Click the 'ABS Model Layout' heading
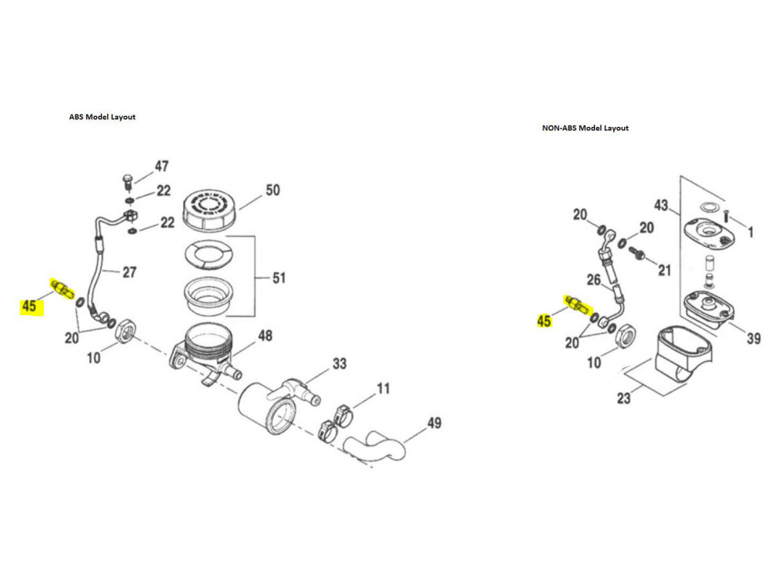pos(103,117)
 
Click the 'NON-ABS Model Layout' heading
pos(585,128)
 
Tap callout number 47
pos(161,166)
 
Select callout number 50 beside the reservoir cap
pos(272,191)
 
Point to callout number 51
pos(279,278)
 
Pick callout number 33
pos(340,364)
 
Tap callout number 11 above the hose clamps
pos(382,388)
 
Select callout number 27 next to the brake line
pos(130,272)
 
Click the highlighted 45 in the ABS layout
pos(29,306)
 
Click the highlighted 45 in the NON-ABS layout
pos(543,321)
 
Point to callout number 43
pos(661,205)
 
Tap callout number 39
pos(753,339)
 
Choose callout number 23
pos(623,397)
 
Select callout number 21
pos(665,270)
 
